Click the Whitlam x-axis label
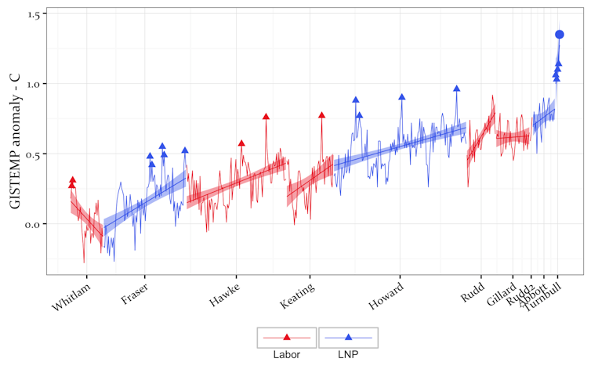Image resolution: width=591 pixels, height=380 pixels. [71, 295]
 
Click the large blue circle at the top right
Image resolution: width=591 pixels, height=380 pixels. [560, 34]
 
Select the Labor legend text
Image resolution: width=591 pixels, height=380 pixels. [286, 354]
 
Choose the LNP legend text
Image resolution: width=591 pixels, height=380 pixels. [348, 354]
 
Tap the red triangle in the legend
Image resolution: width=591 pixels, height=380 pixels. [286, 337]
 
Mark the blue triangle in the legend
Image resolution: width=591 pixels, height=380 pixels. [348, 337]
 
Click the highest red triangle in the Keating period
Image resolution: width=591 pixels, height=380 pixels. [321, 115]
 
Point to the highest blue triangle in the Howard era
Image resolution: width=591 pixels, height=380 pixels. [456, 89]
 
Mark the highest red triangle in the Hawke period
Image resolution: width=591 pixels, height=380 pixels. [266, 117]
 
